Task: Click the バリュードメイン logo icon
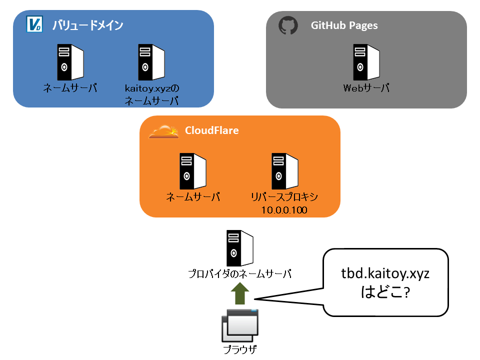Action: (34, 24)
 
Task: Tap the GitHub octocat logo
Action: (288, 25)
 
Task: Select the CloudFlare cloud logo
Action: (164, 131)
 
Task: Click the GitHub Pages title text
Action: (344, 25)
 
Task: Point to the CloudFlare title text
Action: (212, 130)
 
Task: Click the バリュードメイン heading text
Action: (87, 25)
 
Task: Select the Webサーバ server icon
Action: (366, 62)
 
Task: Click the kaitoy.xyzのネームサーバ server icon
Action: (151, 62)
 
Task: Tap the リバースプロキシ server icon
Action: (285, 171)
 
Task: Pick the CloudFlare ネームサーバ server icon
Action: (193, 171)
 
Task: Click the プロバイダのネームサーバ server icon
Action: (240, 248)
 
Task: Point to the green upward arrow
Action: (240, 293)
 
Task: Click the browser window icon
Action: (240, 325)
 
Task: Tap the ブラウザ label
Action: (240, 349)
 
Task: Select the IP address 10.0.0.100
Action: (284, 210)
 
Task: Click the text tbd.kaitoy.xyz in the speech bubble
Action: (385, 273)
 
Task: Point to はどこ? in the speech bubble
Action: (385, 291)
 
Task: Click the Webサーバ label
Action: (366, 88)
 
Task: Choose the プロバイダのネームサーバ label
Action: (240, 273)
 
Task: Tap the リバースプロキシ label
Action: (284, 197)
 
